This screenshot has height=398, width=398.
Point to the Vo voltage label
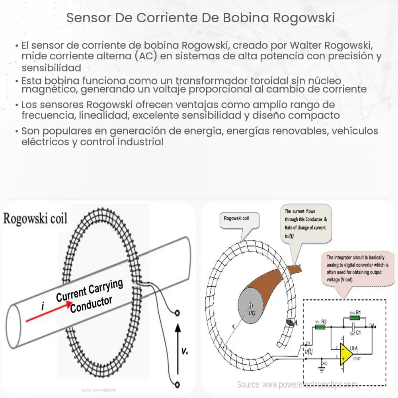(x=184, y=351)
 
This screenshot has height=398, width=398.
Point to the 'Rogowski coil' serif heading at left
(x=36, y=219)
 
